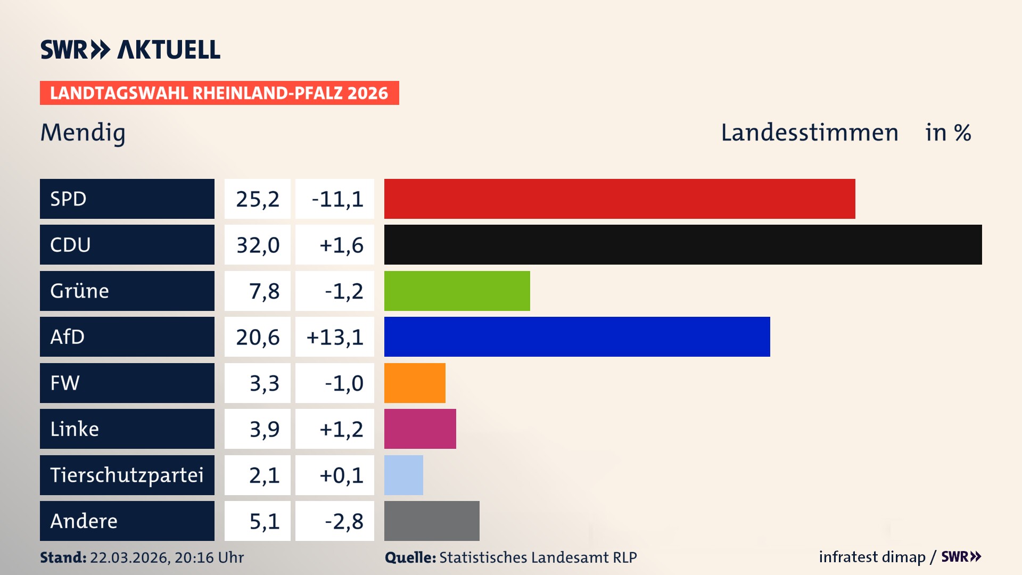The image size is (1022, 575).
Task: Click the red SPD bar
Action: [x=620, y=199]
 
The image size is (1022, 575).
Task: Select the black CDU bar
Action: [x=683, y=245]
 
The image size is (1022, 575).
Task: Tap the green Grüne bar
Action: [x=457, y=291]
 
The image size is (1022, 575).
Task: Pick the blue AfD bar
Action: [x=577, y=336]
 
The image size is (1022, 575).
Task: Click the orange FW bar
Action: [x=415, y=383]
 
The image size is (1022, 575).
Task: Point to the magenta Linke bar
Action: [x=420, y=429]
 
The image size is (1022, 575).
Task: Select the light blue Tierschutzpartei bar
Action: [x=403, y=475]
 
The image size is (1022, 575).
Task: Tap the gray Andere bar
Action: [x=432, y=521]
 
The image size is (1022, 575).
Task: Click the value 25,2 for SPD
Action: [x=258, y=199]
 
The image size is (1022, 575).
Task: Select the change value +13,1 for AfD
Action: [x=335, y=337]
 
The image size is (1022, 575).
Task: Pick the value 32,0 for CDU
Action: [x=258, y=245]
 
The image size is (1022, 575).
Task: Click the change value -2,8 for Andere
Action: [x=344, y=521]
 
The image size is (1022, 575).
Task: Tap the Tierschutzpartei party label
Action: [x=127, y=475]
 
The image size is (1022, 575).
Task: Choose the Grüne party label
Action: [x=80, y=291]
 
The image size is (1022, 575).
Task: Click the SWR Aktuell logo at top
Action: [x=130, y=50]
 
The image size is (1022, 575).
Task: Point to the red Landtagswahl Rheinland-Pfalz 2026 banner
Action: [x=219, y=93]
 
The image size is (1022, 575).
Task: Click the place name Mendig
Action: [x=83, y=133]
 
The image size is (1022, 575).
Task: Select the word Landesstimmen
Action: [x=809, y=133]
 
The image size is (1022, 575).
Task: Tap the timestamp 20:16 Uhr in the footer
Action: [x=209, y=557]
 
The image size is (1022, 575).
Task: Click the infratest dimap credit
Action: [x=872, y=557]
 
